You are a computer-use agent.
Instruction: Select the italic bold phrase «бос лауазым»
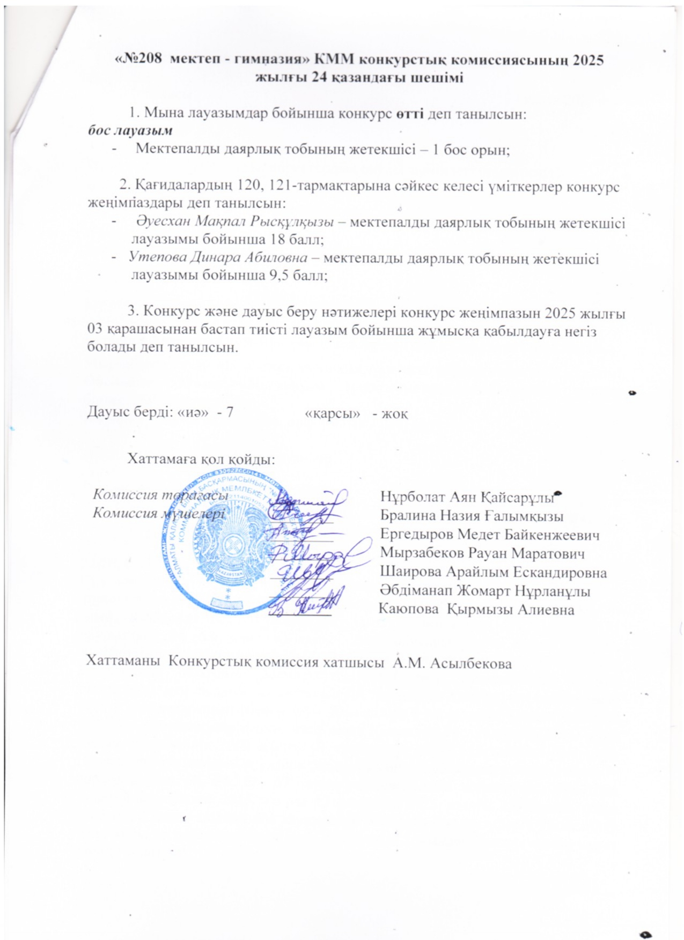point(130,130)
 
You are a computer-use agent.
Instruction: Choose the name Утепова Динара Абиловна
point(218,258)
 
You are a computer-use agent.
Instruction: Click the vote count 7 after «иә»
point(230,413)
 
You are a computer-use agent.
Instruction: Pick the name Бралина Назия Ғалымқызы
point(472,516)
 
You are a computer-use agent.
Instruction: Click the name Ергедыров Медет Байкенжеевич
point(489,535)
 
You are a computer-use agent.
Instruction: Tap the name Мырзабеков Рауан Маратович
point(482,553)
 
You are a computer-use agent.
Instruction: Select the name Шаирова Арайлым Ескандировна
point(493,572)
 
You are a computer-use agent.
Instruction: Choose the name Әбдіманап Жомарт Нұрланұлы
point(485,591)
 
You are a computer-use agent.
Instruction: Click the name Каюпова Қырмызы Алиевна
point(476,610)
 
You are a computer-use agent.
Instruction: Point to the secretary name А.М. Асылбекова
point(452,663)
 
